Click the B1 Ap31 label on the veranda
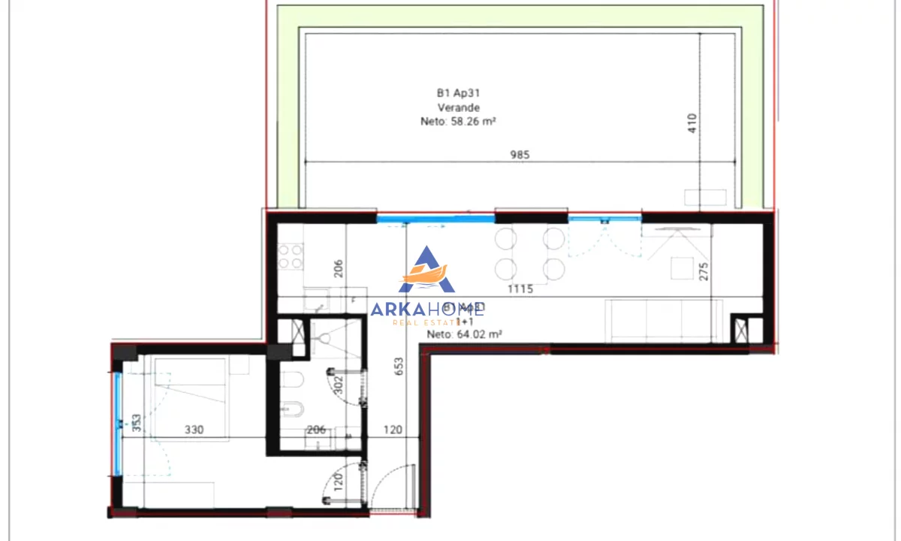click(458, 93)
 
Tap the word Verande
click(458, 107)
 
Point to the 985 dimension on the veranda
click(520, 155)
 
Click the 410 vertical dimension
click(692, 123)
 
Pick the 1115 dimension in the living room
click(520, 289)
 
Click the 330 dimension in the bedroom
click(195, 431)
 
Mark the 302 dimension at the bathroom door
click(339, 385)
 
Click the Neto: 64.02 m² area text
click(464, 335)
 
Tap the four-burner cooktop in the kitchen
click(290, 257)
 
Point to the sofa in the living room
click(664, 321)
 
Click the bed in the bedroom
click(191, 383)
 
